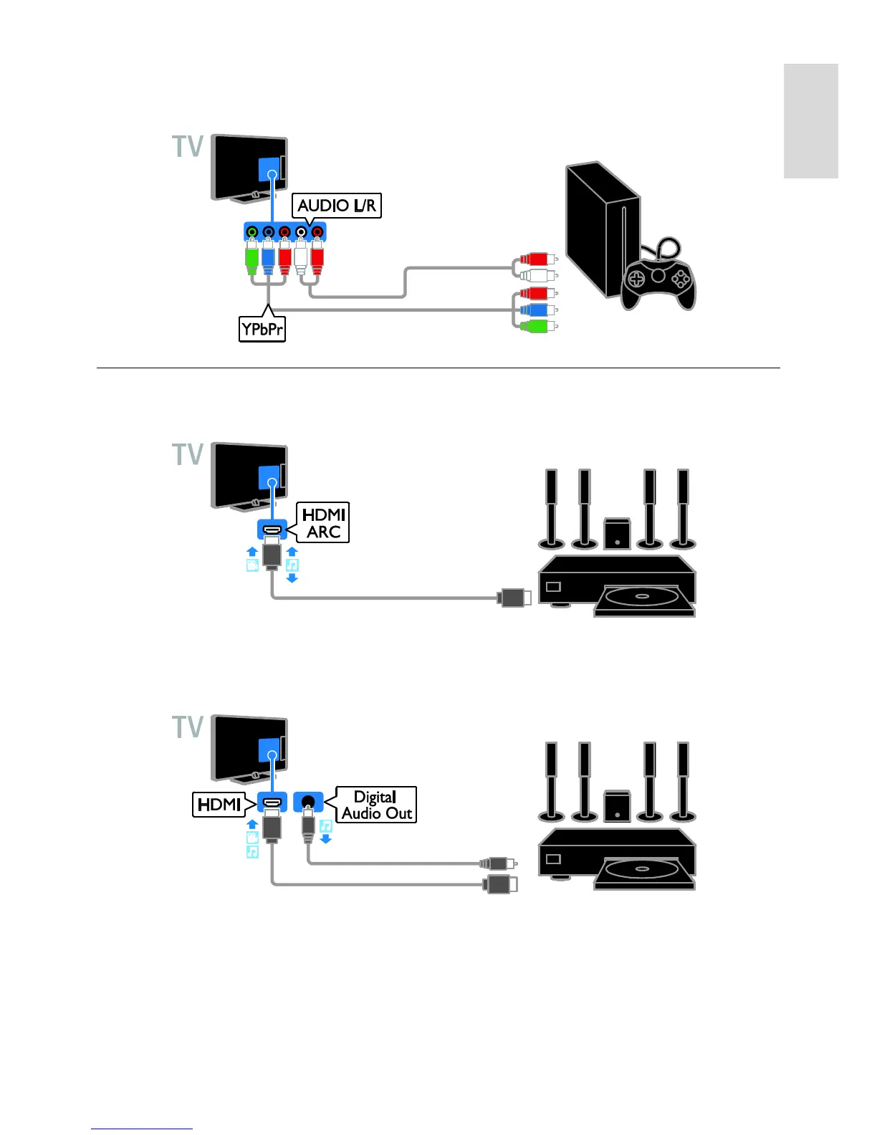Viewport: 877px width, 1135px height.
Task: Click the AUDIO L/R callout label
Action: click(337, 206)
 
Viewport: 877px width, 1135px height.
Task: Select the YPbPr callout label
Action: click(262, 329)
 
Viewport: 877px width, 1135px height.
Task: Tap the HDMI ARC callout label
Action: click(324, 522)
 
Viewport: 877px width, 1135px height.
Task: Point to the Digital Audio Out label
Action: click(376, 805)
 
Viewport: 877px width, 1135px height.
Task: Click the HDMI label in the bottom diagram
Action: click(219, 804)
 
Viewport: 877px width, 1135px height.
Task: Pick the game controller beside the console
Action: click(658, 278)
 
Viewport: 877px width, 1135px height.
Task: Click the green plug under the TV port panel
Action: click(251, 259)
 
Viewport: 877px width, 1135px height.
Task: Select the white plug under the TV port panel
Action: click(301, 259)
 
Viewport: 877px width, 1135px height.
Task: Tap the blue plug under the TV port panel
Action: click(268, 259)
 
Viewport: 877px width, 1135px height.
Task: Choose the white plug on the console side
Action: click(536, 275)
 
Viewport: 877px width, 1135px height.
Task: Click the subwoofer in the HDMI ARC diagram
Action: click(617, 533)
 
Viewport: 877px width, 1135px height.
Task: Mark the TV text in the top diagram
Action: click(188, 147)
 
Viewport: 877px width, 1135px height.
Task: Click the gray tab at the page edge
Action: click(810, 120)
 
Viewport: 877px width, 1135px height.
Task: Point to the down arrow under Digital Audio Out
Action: click(326, 838)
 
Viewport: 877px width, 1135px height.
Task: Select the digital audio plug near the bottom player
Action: click(496, 863)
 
